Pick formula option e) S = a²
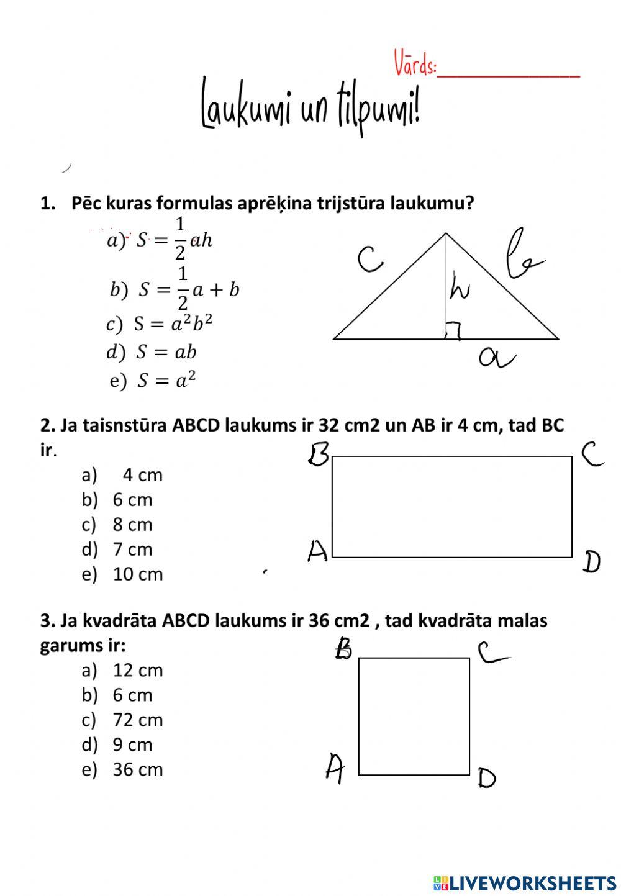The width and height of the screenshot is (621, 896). pos(153,380)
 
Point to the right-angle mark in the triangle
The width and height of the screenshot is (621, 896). pos(453,333)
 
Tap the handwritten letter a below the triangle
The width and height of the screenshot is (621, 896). pos(497,358)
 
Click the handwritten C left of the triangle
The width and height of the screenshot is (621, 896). pos(371,259)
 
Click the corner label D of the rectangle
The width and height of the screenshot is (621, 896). pos(591,562)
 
